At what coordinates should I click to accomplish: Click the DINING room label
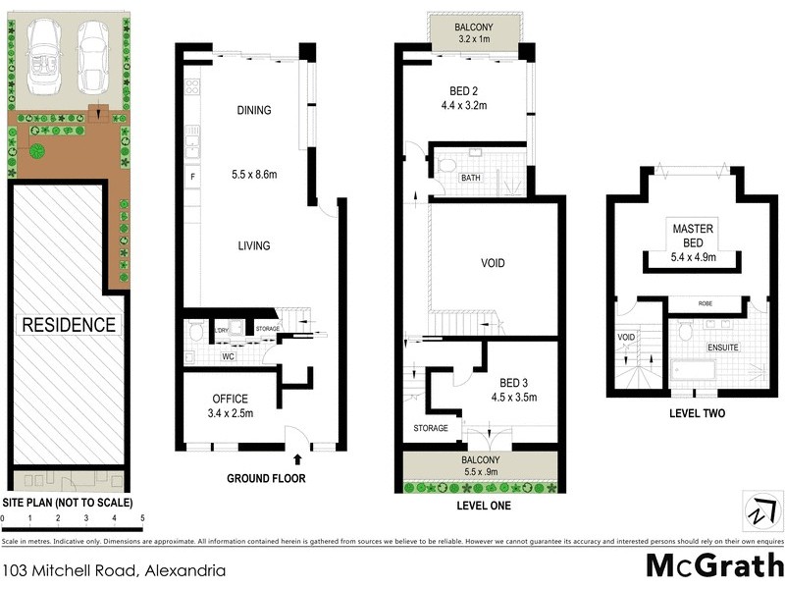click(x=253, y=111)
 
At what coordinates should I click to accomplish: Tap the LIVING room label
click(x=253, y=245)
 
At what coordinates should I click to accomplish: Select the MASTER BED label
click(x=693, y=235)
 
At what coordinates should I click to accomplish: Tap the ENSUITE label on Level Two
click(x=723, y=348)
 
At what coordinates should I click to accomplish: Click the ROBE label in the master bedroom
click(x=704, y=304)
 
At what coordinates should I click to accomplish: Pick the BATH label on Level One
click(x=471, y=178)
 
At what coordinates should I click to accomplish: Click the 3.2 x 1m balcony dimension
click(x=473, y=40)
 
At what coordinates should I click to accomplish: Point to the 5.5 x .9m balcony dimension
click(x=480, y=471)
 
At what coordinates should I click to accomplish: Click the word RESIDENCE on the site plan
click(x=69, y=324)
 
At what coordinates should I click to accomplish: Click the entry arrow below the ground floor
click(x=297, y=457)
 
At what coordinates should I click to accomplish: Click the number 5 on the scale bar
click(x=142, y=517)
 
